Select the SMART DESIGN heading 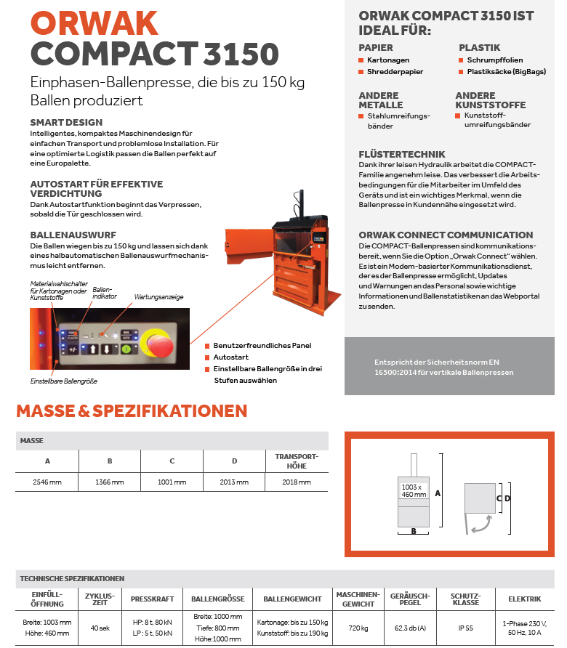[66, 122]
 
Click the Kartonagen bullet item [388, 60]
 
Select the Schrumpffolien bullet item [495, 60]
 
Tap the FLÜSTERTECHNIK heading [402, 155]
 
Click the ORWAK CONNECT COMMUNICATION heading [446, 235]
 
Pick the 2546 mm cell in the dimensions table [47, 482]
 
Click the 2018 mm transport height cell [297, 482]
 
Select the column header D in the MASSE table [234, 461]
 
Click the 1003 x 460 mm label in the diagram [413, 490]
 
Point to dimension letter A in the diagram [438, 492]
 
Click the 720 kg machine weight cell [358, 627]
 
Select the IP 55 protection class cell [466, 627]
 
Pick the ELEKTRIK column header [524, 599]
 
